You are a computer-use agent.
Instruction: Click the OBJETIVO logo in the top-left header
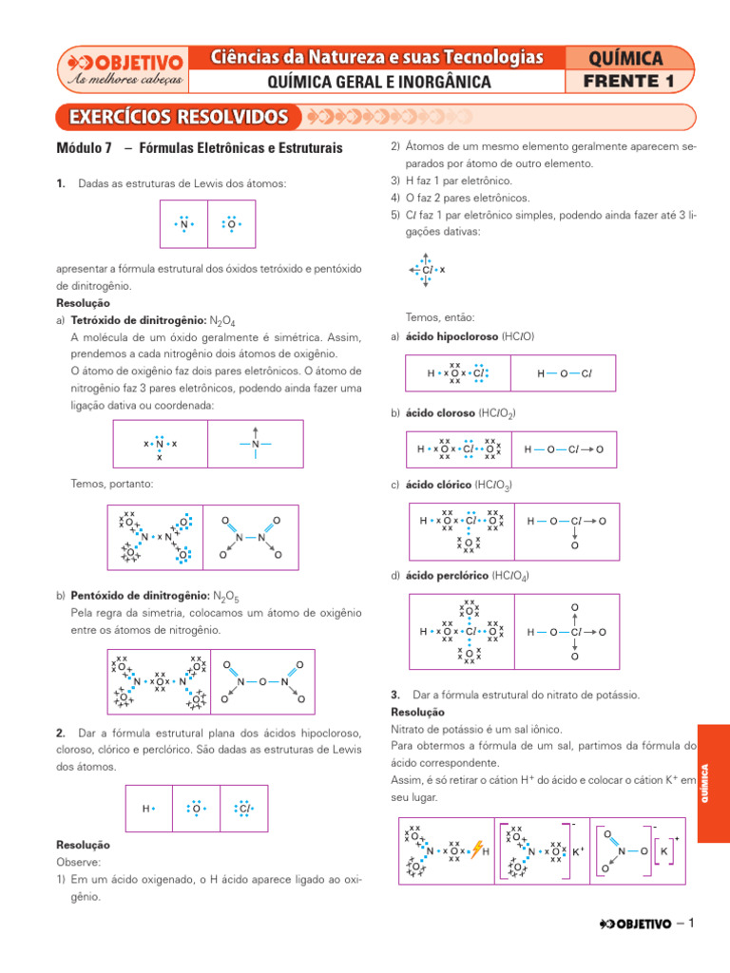(123, 69)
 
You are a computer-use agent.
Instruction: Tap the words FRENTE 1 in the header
(630, 82)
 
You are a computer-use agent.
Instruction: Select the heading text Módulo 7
(85, 149)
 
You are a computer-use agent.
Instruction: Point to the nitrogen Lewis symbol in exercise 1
(183, 225)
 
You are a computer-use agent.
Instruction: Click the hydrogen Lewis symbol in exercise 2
(148, 809)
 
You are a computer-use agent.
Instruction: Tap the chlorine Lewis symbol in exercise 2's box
(243, 809)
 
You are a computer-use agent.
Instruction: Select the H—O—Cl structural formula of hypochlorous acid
(564, 373)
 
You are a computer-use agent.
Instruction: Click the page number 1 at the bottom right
(693, 924)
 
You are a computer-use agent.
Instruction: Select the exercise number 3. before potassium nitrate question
(395, 695)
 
